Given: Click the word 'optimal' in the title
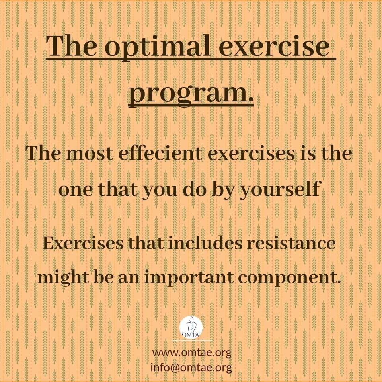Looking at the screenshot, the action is [x=158, y=48].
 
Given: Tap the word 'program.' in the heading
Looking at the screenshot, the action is [x=191, y=94].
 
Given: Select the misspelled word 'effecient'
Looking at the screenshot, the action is [x=160, y=154].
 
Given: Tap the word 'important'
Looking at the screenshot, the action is [x=189, y=278].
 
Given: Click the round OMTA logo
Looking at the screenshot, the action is [x=191, y=327].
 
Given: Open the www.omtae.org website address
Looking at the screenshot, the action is [x=192, y=353].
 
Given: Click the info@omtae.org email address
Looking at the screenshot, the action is [x=191, y=368].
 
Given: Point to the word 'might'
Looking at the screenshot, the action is [x=63, y=278].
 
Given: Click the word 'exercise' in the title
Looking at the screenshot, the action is [x=274, y=46].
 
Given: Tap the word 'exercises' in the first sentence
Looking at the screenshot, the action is [x=251, y=154].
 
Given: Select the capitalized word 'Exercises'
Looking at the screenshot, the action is [x=83, y=243].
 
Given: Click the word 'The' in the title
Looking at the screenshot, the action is [x=71, y=46].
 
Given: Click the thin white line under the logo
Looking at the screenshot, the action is [x=191, y=341].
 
